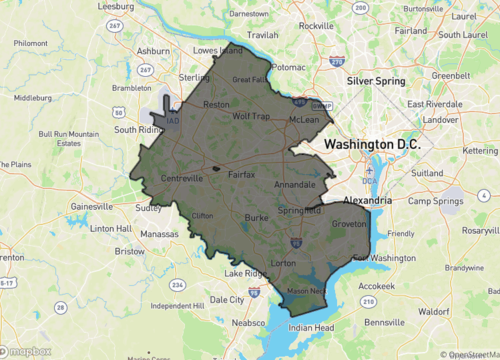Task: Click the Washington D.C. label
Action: pyautogui.click(x=373, y=145)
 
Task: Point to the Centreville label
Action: pyautogui.click(x=183, y=179)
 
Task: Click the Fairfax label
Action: pyautogui.click(x=243, y=175)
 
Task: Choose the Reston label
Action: pyautogui.click(x=216, y=104)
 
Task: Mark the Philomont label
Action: pyautogui.click(x=29, y=44)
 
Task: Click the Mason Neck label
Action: pyautogui.click(x=306, y=291)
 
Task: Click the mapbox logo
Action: pyautogui.click(x=27, y=352)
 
